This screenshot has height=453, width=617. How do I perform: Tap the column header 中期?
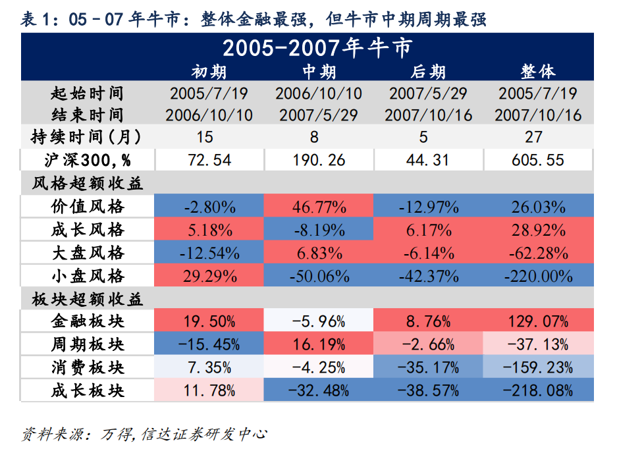[319, 71]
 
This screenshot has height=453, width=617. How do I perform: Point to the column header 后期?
[428, 71]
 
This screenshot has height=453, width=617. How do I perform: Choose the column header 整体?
[538, 71]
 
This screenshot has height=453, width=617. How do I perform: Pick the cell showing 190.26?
[319, 160]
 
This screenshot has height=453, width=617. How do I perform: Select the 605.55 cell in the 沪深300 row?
[538, 160]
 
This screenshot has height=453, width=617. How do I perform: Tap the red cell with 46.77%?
[319, 207]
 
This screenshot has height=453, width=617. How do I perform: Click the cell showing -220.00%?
[538, 275]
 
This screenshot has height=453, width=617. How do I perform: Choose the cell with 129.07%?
[538, 321]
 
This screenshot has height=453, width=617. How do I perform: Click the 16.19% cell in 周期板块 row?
[319, 344]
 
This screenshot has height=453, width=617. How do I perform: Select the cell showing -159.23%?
[538, 367]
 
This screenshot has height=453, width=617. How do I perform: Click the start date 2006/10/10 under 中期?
[319, 93]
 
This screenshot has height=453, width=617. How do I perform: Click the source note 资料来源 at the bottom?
[144, 435]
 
